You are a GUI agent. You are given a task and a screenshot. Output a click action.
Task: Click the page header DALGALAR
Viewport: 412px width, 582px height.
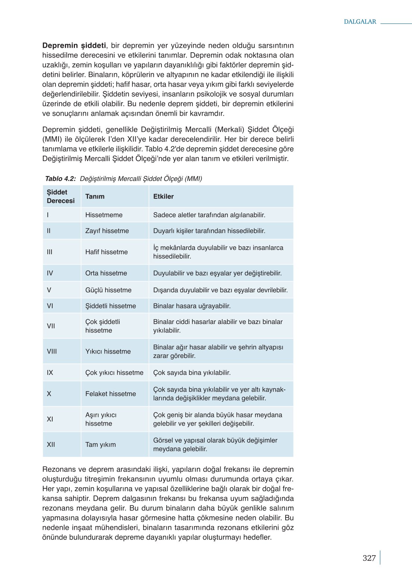point(360,22)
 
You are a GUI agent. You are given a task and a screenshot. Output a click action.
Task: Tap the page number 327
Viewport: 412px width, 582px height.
point(369,558)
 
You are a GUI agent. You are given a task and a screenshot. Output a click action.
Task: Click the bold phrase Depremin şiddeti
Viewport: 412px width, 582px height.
point(74,46)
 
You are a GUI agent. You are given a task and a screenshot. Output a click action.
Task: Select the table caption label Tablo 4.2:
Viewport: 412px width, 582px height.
point(60,178)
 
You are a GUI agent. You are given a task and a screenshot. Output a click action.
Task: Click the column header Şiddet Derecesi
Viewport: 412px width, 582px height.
point(60,196)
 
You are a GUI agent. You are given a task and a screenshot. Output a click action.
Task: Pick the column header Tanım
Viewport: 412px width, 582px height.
point(95,196)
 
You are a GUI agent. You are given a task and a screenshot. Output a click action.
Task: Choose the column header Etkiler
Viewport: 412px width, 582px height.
point(163,196)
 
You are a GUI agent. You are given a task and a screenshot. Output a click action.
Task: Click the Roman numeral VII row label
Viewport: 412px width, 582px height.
point(51,326)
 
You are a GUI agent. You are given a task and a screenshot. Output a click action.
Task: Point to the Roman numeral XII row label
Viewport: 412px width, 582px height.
point(51,444)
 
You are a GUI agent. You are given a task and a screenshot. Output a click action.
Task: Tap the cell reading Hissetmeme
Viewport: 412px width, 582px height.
point(104,215)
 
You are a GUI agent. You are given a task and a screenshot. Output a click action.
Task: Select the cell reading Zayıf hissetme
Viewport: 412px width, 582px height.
point(107,231)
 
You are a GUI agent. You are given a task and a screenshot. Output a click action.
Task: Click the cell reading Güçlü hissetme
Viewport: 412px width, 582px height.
point(108,290)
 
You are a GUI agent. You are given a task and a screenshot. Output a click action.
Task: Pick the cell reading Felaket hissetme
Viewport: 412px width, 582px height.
point(110,393)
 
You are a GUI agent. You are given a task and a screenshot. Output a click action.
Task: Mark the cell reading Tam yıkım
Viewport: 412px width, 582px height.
point(100,444)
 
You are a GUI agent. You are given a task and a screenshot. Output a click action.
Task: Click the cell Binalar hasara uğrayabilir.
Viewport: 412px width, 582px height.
point(192,306)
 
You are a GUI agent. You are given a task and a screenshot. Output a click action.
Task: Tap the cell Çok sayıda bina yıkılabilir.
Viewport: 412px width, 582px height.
point(192,373)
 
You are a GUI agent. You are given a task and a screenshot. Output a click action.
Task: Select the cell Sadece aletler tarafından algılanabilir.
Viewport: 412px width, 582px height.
point(209,215)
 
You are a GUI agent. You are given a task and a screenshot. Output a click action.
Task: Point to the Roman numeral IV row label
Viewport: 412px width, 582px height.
point(50,273)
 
